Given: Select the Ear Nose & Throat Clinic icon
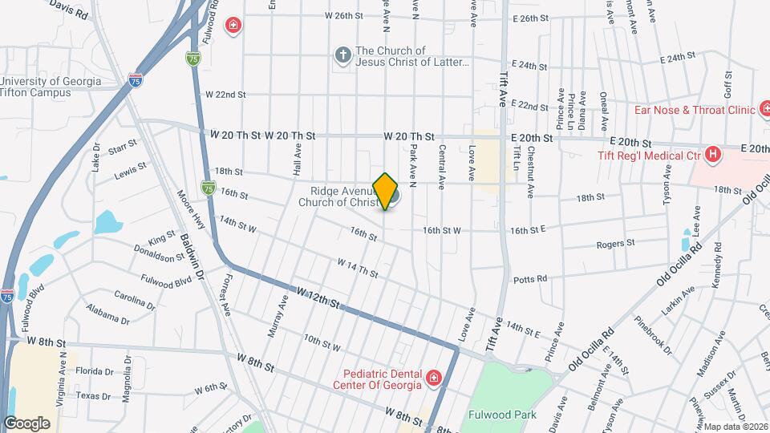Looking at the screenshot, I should [765, 110].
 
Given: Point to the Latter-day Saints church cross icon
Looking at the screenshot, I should [342, 55].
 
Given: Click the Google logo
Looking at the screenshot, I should [26, 423].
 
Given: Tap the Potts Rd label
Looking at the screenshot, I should [530, 279].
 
